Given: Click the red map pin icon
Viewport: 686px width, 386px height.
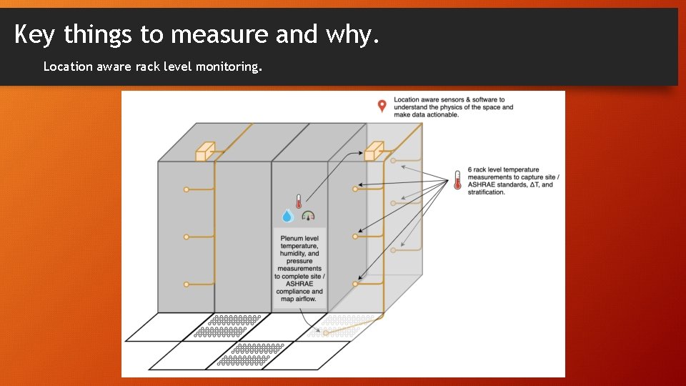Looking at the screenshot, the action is tap(382, 106).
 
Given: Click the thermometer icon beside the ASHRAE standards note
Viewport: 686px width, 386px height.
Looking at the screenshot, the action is tap(457, 179).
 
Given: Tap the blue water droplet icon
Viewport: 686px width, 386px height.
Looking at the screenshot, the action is tap(287, 215).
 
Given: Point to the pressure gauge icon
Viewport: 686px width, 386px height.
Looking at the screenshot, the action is tap(308, 215).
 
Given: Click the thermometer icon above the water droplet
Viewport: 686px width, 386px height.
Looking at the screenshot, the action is tap(299, 201).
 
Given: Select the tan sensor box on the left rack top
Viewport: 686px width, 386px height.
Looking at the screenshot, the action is tap(205, 151).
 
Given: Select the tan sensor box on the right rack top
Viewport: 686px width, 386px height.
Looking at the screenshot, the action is tap(374, 151).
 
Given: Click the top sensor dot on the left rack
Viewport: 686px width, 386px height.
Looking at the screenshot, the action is tap(187, 189).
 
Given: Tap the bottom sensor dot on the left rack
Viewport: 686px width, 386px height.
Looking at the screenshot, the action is tap(187, 284).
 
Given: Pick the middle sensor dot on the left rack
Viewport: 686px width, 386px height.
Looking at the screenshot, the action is tap(187, 237).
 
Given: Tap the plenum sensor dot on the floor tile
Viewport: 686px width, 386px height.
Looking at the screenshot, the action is tap(326, 333).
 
